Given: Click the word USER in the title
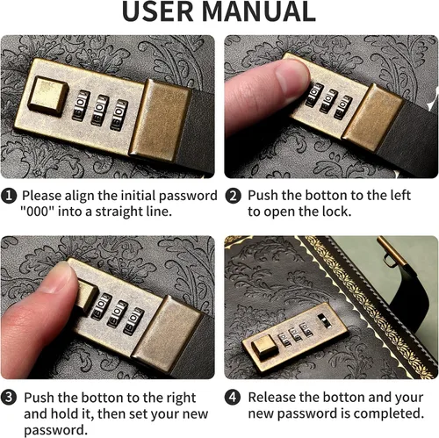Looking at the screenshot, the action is pos(158,11).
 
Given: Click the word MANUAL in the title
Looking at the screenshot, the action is pos(259,11).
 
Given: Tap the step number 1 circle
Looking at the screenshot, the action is pos(9,196).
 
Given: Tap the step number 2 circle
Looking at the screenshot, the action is pos(233,196).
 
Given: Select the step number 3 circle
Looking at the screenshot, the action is pos(9,398).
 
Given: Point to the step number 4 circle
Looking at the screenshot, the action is pos(233,398).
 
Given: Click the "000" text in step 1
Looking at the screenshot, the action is pos(37,212).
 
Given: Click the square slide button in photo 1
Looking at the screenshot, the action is pos(48,95).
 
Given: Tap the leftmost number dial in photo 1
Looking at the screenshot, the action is pos(81,105).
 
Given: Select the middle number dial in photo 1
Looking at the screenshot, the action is pos(100,110).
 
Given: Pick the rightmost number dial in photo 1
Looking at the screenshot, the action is pos(119,115).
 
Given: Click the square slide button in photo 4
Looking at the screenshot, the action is pos(265,347).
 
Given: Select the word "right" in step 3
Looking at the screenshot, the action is pos(181,399).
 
